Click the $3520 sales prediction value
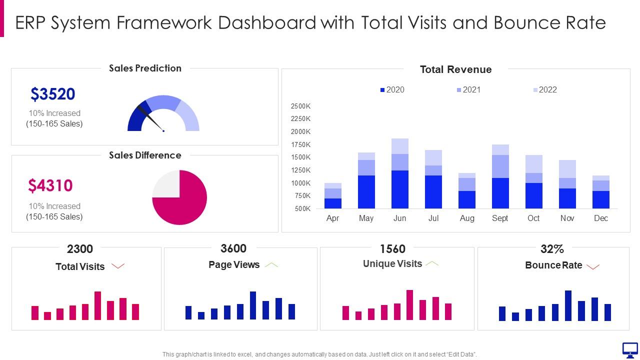click(52, 94)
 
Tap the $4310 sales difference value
click(50, 185)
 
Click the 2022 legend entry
click(544, 90)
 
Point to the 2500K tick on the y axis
click(300, 106)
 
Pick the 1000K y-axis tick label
click(300, 183)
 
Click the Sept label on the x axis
click(500, 218)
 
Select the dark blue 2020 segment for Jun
click(400, 189)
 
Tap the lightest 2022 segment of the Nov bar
click(567, 169)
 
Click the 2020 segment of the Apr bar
click(332, 203)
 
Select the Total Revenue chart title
click(455, 69)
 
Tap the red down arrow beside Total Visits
click(118, 266)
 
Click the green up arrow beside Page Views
click(271, 265)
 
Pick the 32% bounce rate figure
click(552, 249)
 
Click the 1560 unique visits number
click(392, 249)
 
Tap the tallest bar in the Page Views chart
click(253, 305)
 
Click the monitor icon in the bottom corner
click(629, 349)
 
